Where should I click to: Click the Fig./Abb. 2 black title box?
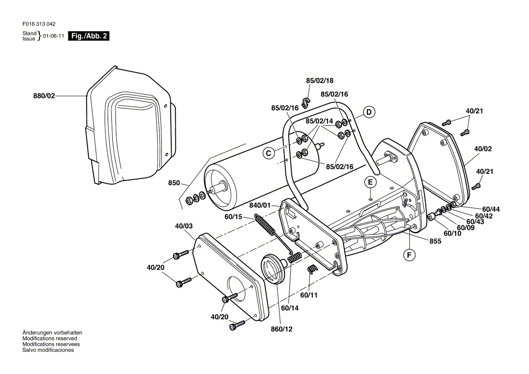pos(89,36)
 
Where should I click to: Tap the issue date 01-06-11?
pos(53,36)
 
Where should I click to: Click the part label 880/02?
pos(44,96)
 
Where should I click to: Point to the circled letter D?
pos(369,112)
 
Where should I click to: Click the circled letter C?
pos(269,154)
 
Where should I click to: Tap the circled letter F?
pos(409,255)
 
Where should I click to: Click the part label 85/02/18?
pos(319,81)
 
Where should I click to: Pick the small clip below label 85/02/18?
pos(306,102)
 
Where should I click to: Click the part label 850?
pos(174,183)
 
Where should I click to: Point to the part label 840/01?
pos(260,205)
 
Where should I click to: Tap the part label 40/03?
pos(184,226)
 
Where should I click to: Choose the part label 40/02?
pos(483,149)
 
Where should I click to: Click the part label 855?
pos(435,241)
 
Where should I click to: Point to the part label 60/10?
pos(452,233)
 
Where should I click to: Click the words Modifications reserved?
pos(50,339)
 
